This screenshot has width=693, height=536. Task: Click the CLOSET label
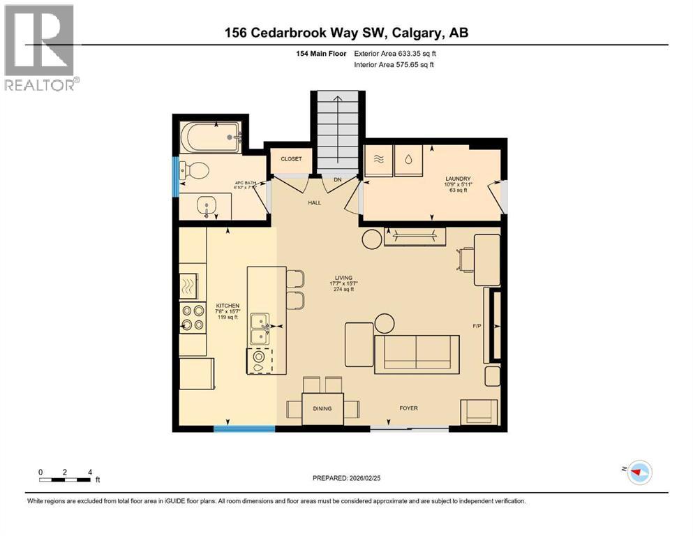(x=291, y=159)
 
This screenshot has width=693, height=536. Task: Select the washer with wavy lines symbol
(x=378, y=160)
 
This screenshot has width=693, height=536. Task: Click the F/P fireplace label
(x=477, y=325)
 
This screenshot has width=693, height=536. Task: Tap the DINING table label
(x=322, y=409)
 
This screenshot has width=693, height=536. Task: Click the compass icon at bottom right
(x=638, y=473)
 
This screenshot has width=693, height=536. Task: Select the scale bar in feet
(x=65, y=479)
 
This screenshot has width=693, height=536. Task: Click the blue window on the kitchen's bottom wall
(x=234, y=429)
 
